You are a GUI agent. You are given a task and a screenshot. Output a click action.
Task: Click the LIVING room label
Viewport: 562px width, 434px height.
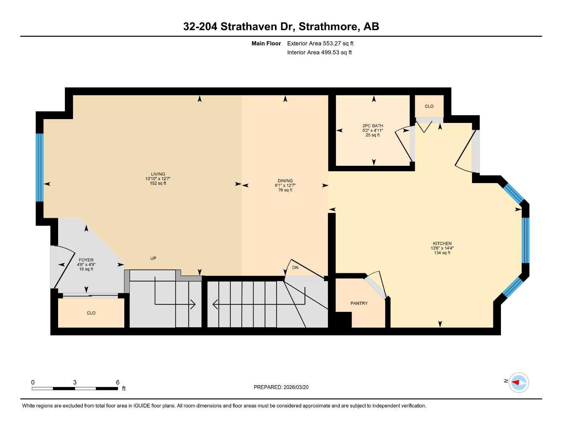tap(158, 174)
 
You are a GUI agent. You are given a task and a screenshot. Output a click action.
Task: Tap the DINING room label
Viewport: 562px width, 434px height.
tap(285, 181)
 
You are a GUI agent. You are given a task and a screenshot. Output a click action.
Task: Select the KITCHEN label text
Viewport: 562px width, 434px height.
tap(442, 244)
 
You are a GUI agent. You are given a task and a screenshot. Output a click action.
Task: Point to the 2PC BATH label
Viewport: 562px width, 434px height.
tap(373, 126)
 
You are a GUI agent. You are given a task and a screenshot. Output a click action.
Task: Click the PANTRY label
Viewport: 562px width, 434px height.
tap(359, 303)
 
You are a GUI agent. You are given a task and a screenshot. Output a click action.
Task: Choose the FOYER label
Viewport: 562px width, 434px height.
tap(86, 260)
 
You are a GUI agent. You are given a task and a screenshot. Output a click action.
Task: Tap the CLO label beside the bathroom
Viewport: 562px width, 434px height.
tap(429, 106)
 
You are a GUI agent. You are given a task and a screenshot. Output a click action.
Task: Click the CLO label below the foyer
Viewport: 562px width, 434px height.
tap(91, 313)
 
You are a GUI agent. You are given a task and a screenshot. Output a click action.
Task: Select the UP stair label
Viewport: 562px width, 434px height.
tap(153, 258)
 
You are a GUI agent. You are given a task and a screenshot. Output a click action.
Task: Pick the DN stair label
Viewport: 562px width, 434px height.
tap(295, 268)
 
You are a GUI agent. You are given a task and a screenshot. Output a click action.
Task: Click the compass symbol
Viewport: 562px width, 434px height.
tap(518, 382)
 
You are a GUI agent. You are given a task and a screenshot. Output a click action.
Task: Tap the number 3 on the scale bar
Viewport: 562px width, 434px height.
tap(75, 382)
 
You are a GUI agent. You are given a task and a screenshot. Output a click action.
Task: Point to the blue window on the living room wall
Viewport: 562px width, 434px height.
tap(39, 167)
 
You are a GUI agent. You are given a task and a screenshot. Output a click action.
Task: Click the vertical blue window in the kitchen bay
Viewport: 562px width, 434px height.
tap(525, 240)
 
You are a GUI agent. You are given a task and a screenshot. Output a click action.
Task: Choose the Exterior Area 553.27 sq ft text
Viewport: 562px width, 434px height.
tap(320, 43)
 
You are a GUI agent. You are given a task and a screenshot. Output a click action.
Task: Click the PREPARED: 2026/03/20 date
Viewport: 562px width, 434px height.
tap(281, 387)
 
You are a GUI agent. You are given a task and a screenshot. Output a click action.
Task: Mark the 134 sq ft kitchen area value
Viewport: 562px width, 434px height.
tap(442, 253)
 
